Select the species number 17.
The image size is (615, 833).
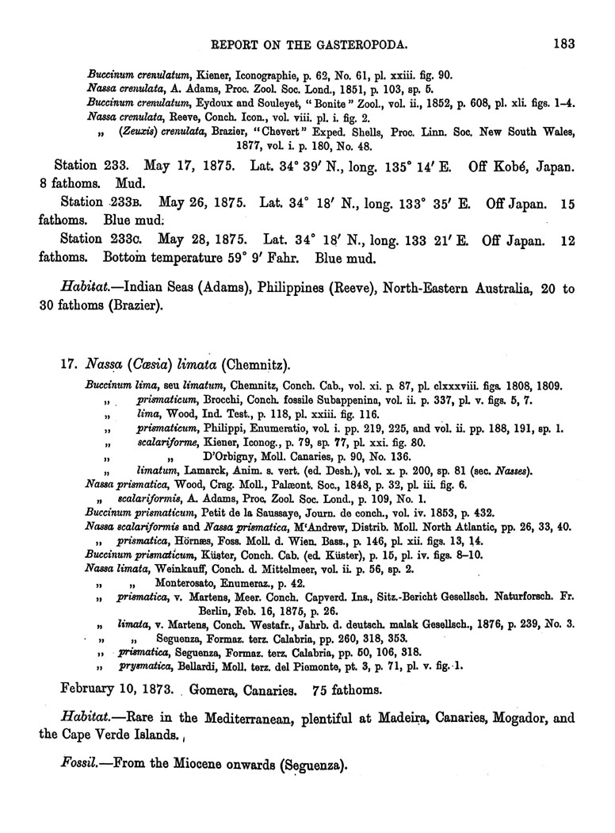(67, 366)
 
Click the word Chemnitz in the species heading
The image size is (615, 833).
(255, 366)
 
